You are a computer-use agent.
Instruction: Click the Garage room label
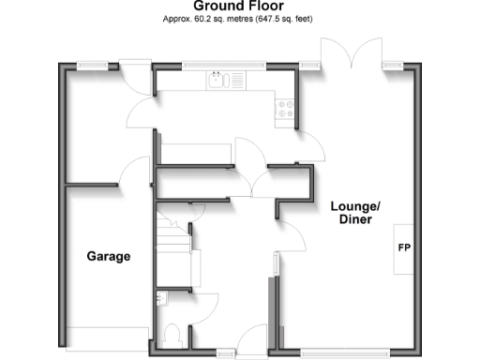109,256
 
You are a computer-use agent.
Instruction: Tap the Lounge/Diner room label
352,213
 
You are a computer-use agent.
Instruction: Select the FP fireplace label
405,249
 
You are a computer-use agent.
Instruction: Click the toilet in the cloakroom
172,335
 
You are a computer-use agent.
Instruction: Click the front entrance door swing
254,340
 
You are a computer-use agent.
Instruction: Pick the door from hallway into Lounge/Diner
292,237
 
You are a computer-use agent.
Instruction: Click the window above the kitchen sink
223,65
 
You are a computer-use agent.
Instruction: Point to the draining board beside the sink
235,81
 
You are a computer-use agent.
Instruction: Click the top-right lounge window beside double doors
393,65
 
